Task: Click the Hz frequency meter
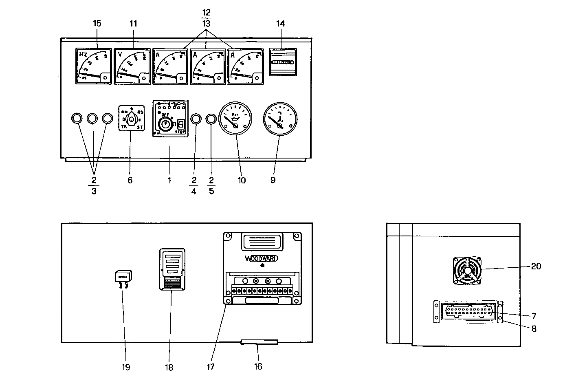pyautogui.click(x=93, y=66)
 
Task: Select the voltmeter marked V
pyautogui.click(x=132, y=66)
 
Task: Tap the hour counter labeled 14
pyautogui.click(x=282, y=62)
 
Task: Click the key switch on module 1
pyautogui.click(x=165, y=124)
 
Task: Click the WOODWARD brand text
pyautogui.click(x=262, y=259)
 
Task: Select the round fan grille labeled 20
pyautogui.click(x=467, y=270)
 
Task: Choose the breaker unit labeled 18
pyautogui.click(x=171, y=269)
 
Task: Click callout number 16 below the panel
pyautogui.click(x=258, y=367)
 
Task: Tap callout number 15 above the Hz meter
pyautogui.click(x=97, y=23)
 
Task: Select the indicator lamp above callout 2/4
pyautogui.click(x=196, y=119)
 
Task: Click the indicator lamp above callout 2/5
pyautogui.click(x=211, y=119)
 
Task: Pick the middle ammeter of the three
pyautogui.click(x=208, y=66)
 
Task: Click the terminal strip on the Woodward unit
pyautogui.click(x=263, y=291)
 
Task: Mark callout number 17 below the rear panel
pyautogui.click(x=210, y=367)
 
